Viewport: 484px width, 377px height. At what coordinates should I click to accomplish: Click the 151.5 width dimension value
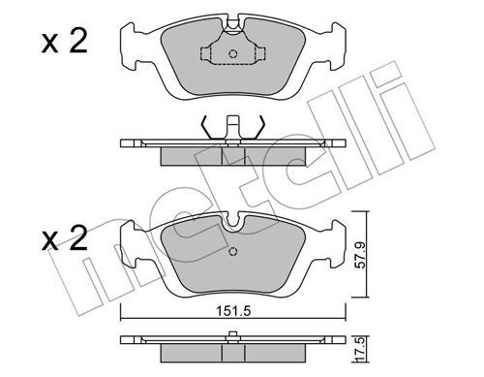pyautogui.click(x=233, y=311)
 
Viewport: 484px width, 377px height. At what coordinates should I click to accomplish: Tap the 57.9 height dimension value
pyautogui.click(x=360, y=254)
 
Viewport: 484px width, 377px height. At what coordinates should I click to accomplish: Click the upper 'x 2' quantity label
pyautogui.click(x=65, y=42)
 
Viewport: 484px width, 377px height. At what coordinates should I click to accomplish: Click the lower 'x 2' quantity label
pyautogui.click(x=65, y=238)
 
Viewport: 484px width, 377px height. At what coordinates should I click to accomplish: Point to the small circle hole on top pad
pyautogui.click(x=233, y=54)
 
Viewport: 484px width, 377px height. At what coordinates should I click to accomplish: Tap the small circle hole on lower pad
pyautogui.click(x=233, y=251)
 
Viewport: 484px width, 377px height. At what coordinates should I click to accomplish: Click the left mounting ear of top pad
pyautogui.click(x=129, y=47)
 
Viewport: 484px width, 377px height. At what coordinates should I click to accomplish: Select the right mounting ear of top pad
pyautogui.click(x=338, y=47)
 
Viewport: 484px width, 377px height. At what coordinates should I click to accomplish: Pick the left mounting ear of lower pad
pyautogui.click(x=129, y=243)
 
